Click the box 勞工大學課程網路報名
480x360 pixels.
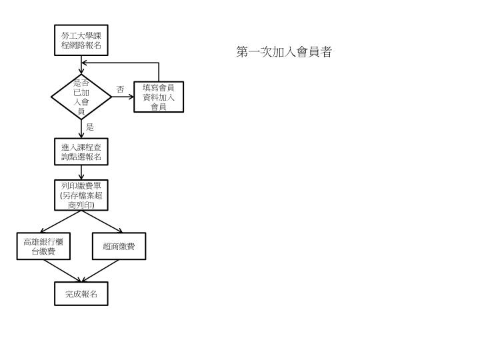click(81, 40)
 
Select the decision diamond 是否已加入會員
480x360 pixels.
click(81, 97)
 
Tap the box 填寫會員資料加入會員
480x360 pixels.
click(159, 97)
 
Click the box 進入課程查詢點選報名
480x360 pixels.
click(81, 152)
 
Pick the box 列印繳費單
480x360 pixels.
click(81, 195)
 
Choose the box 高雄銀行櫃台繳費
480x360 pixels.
click(43, 246)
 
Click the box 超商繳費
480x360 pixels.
click(119, 246)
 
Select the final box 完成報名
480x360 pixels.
click(81, 293)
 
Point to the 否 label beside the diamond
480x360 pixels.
click(120, 89)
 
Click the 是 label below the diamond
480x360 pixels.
click(90, 127)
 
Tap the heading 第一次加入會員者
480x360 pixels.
click(284, 52)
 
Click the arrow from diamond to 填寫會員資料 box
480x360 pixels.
click(123, 97)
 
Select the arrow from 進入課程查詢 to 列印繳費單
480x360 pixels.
click(81, 173)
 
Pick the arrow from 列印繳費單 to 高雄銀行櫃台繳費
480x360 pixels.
click(61, 221)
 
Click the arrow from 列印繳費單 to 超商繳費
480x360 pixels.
click(102, 221)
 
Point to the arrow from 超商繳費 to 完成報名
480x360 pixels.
click(100, 271)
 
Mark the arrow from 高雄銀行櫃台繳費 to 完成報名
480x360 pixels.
click(63, 271)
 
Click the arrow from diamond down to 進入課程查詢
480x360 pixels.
click(81, 129)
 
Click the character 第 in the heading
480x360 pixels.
click(242, 52)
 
